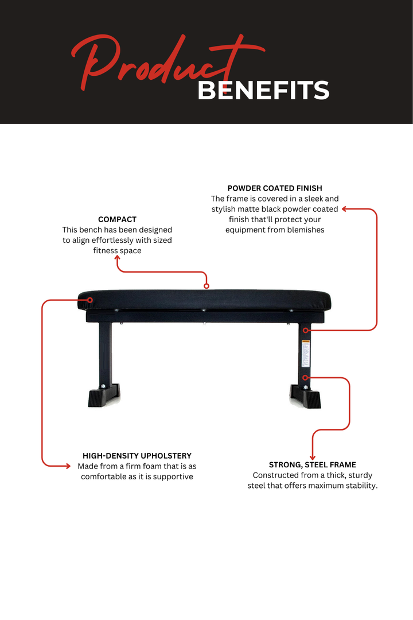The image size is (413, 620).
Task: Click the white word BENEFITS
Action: pos(263,91)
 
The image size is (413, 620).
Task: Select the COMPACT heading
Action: pos(117,219)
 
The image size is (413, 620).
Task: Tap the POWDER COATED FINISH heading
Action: pos(275,188)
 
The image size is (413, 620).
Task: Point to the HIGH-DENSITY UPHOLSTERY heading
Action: pos(137,456)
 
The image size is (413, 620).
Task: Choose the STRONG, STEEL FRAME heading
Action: pos(313,465)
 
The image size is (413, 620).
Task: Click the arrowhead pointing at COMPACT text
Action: pos(118,258)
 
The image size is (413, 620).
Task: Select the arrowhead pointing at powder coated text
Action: pos(344,209)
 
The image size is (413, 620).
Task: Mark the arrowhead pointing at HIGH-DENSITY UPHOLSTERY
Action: pos(68,466)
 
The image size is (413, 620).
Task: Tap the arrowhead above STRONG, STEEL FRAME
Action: pos(313,457)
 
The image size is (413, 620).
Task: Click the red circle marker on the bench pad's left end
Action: pos(89,299)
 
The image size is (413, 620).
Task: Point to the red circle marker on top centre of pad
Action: pos(206,285)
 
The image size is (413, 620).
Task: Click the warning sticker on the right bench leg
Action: pos(306,354)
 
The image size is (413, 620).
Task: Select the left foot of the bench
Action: pos(103,396)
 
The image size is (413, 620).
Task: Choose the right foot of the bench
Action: pos(306,397)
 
